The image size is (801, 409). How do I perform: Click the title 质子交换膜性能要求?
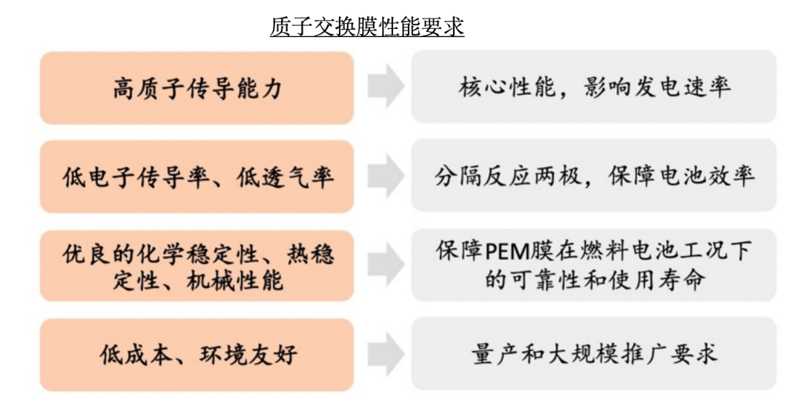click(367, 27)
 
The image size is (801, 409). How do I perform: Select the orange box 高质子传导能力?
click(197, 88)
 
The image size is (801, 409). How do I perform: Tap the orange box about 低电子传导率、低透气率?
click(197, 177)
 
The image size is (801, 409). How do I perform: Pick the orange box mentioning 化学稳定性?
click(197, 266)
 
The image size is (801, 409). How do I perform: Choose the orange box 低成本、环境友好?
click(197, 355)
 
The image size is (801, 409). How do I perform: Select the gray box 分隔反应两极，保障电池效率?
click(594, 176)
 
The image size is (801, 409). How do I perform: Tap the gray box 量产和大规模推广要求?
click(594, 353)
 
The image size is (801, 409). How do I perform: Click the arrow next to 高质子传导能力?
click(385, 88)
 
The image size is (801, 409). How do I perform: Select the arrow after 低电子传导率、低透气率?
click(385, 177)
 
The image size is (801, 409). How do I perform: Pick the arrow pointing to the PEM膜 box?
click(385, 265)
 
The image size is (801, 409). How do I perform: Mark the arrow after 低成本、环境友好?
click(385, 354)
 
